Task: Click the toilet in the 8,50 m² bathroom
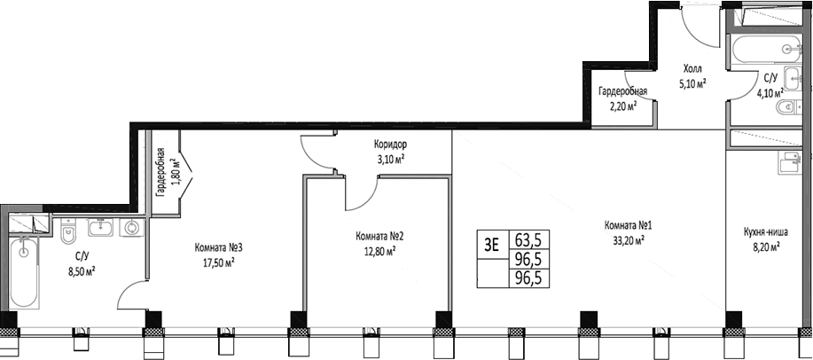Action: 67,233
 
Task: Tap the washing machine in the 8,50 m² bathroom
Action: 131,228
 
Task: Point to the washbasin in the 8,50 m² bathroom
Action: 100,226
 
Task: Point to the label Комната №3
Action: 218,247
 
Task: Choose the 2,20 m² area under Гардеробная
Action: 621,105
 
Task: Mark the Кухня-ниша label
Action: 762,235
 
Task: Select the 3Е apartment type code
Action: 491,240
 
